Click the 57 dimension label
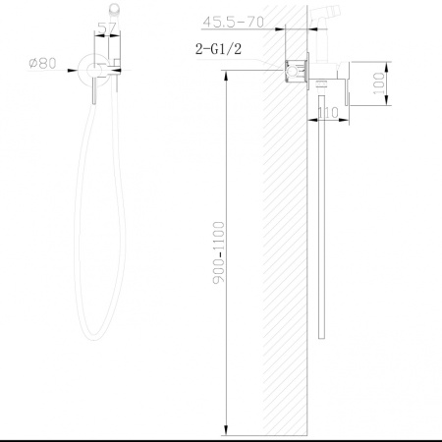pyautogui.click(x=107, y=28)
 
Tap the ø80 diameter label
pyautogui.click(x=42, y=63)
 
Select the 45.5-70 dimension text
pyautogui.click(x=233, y=22)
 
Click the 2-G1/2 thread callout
pyautogui.click(x=218, y=49)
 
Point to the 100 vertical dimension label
pyautogui.click(x=379, y=83)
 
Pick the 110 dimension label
pyautogui.click(x=328, y=113)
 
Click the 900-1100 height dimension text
pyautogui.click(x=219, y=252)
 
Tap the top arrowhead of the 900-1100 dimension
pyautogui.click(x=226, y=76)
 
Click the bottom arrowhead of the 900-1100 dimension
pyautogui.click(x=226, y=430)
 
